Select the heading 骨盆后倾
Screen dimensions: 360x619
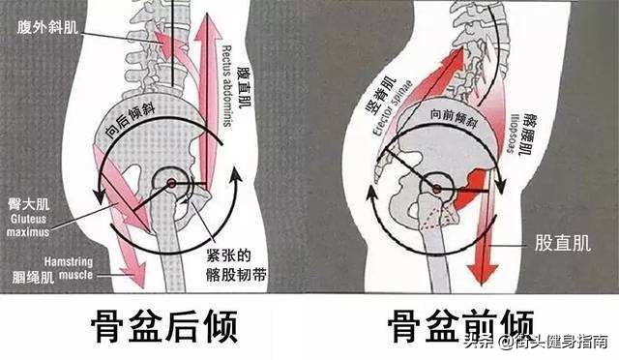coord(157,326)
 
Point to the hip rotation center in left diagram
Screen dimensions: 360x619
coord(171,183)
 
